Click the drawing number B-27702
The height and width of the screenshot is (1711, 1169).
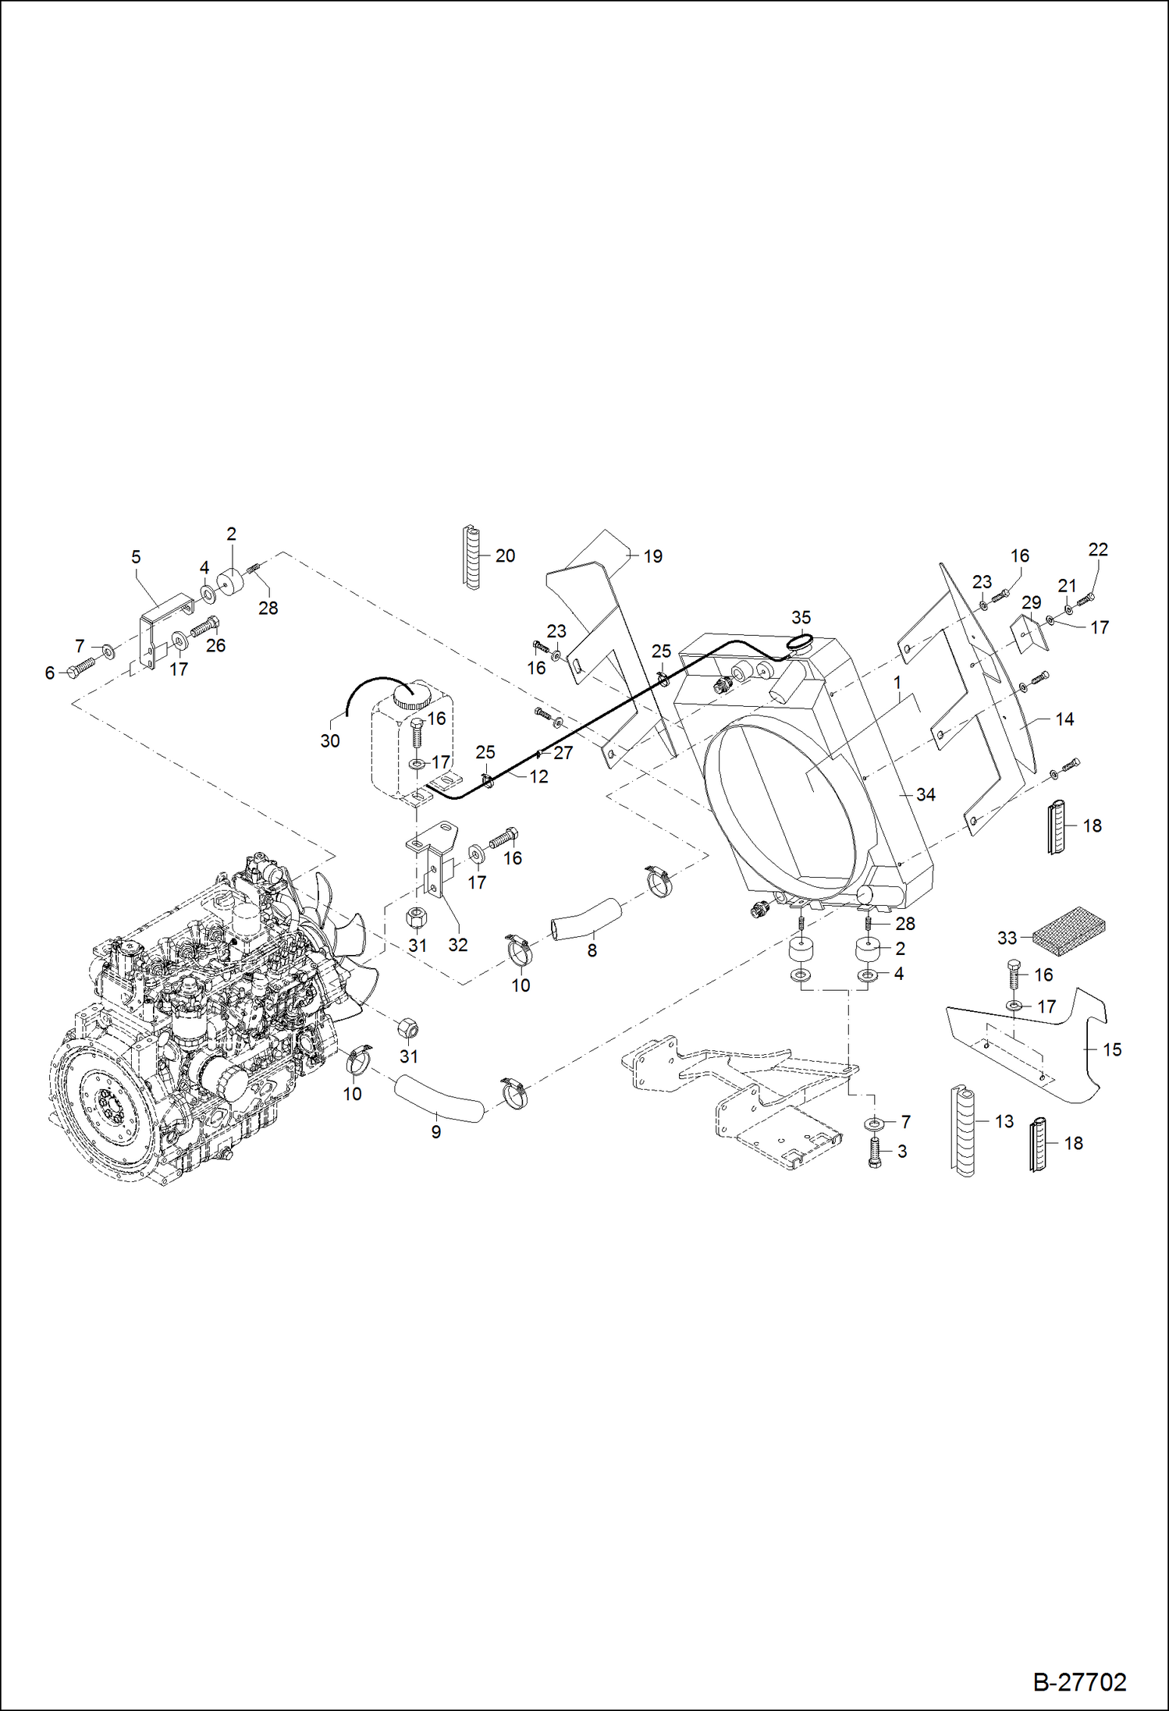click(1079, 1681)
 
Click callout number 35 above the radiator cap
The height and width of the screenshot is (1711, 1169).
click(801, 617)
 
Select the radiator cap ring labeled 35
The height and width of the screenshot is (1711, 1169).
click(800, 644)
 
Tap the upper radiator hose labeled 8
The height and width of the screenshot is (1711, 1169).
click(587, 918)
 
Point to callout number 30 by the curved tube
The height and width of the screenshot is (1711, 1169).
click(330, 741)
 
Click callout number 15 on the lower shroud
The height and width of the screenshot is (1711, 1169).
click(1112, 1050)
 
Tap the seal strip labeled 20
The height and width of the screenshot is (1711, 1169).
click(471, 557)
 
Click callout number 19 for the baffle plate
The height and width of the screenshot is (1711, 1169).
click(652, 556)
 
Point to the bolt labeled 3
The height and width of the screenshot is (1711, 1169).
click(874, 1152)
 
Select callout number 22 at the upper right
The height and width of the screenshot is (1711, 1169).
click(1097, 549)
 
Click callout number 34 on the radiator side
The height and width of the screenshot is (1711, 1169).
click(926, 794)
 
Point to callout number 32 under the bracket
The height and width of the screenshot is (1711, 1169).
click(457, 945)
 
